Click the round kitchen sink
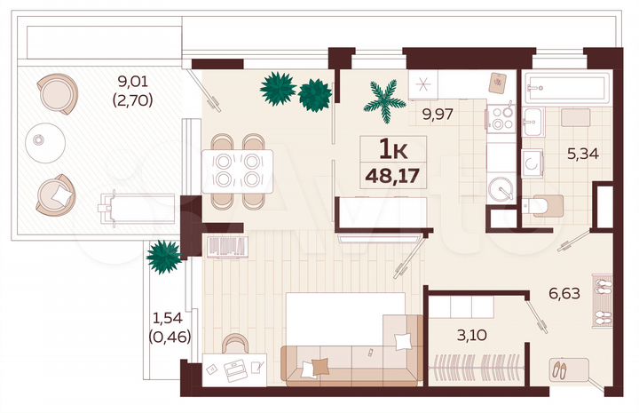[x=501, y=189]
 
